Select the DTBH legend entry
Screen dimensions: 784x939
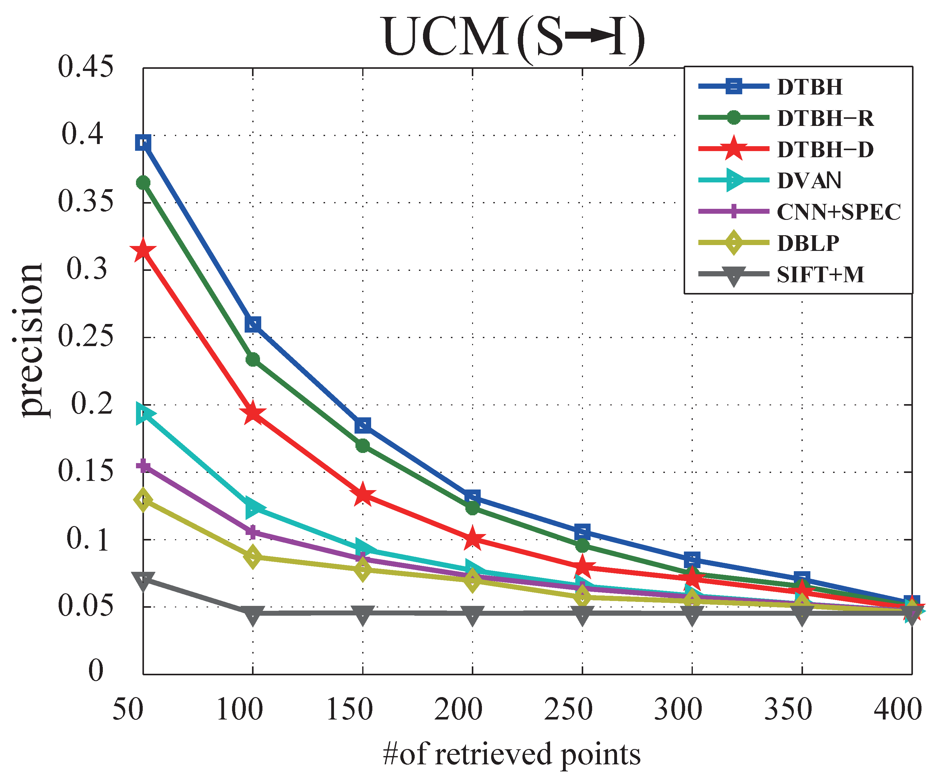click(x=809, y=87)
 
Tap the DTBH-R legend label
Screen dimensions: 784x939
click(x=825, y=118)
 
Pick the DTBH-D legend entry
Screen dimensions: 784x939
click(x=825, y=149)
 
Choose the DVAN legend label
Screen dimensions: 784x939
click(x=809, y=181)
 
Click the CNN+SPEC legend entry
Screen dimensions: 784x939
click(x=838, y=212)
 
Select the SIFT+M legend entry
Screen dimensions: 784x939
click(x=820, y=275)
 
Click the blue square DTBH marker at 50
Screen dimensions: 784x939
click(x=143, y=143)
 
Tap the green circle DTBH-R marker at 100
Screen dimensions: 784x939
click(x=253, y=360)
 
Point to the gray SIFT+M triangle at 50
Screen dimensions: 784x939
click(x=143, y=580)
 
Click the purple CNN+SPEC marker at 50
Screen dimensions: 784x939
click(x=143, y=466)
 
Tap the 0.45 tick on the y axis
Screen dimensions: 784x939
click(x=85, y=67)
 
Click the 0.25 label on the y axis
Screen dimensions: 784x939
click(x=85, y=337)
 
